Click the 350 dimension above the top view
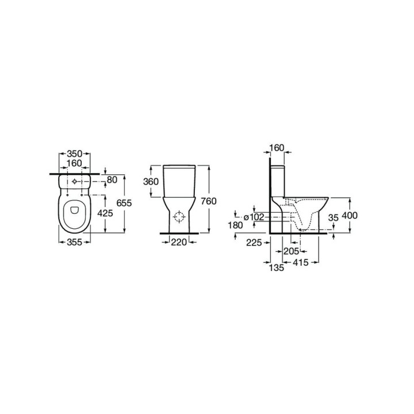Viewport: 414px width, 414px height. [74, 154]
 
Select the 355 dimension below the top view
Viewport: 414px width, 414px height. [74, 242]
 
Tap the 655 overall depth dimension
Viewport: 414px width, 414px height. [124, 203]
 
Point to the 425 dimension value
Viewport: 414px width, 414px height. [105, 213]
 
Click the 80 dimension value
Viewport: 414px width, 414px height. [112, 180]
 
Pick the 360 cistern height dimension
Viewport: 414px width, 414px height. [151, 182]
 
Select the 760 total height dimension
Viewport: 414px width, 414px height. [209, 201]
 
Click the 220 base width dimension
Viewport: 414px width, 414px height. [179, 242]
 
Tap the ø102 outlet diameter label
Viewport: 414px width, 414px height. [254, 217]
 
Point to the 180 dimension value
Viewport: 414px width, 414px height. [235, 225]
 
